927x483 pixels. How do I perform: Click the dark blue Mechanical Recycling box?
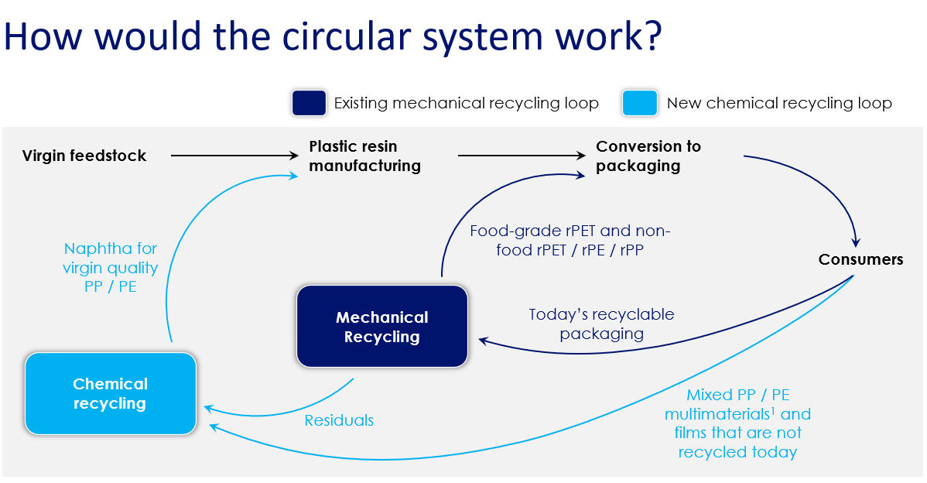pyautogui.click(x=382, y=326)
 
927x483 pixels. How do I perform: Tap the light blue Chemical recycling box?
pyautogui.click(x=110, y=393)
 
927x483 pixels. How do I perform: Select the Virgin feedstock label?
pyautogui.click(x=84, y=156)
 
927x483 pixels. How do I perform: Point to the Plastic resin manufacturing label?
pyautogui.click(x=364, y=156)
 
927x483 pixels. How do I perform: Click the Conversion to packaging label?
pyautogui.click(x=648, y=156)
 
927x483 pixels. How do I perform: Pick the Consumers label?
pyautogui.click(x=860, y=259)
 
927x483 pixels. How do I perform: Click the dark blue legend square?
pyautogui.click(x=309, y=103)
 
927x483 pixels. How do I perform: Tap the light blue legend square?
pyautogui.click(x=639, y=103)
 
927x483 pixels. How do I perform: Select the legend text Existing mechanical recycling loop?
pyautogui.click(x=466, y=103)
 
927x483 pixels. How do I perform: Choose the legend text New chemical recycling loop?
pyautogui.click(x=779, y=103)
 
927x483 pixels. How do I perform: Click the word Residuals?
pyautogui.click(x=339, y=420)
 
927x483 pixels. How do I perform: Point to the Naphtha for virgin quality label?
pyautogui.click(x=110, y=268)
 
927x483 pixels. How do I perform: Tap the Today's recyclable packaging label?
pyautogui.click(x=601, y=324)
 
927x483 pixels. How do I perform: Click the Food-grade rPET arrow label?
pyautogui.click(x=570, y=240)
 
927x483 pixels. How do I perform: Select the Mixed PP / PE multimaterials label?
pyautogui.click(x=737, y=423)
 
